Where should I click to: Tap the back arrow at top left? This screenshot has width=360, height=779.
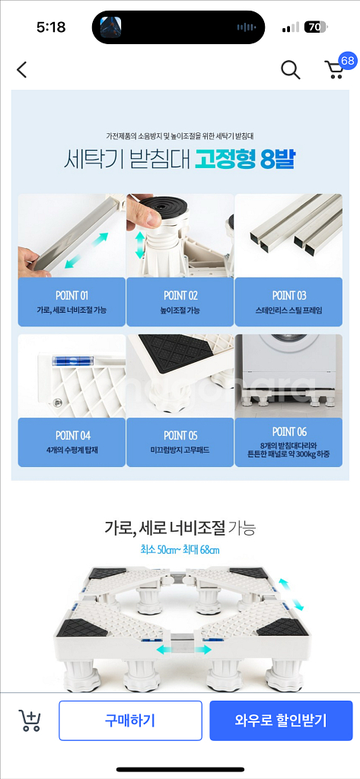click(x=21, y=69)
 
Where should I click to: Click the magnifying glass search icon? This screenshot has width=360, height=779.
click(x=291, y=70)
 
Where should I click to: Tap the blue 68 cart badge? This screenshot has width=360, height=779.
click(x=348, y=61)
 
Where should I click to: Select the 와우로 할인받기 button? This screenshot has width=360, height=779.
click(x=281, y=720)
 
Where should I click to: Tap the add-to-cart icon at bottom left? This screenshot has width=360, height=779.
click(x=30, y=720)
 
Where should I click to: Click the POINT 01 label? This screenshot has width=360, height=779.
click(x=72, y=296)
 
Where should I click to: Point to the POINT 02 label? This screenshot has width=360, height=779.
click(x=180, y=296)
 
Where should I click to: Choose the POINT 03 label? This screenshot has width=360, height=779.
click(x=289, y=296)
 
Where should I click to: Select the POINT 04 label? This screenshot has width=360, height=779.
click(x=72, y=436)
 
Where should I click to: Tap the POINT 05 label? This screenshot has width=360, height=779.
click(x=180, y=436)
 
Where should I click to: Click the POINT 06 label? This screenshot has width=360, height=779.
click(x=289, y=431)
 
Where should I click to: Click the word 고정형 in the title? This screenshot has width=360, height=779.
click(x=225, y=158)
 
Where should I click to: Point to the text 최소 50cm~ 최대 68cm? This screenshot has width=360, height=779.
click(x=180, y=550)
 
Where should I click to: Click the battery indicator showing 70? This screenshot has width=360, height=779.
click(x=315, y=27)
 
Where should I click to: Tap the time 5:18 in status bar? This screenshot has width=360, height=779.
click(x=52, y=27)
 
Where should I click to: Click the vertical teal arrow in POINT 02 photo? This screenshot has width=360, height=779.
click(x=140, y=244)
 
